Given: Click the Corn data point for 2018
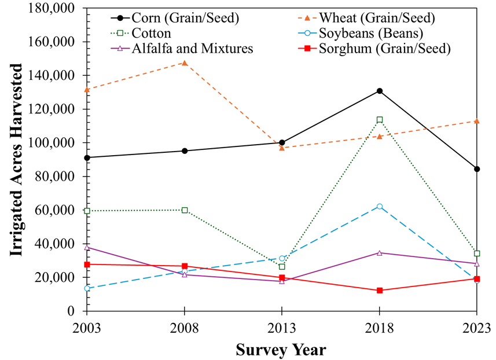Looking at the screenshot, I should pos(379,91).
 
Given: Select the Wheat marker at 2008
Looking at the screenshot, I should pos(185,63).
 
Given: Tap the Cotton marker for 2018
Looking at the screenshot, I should pos(379,120).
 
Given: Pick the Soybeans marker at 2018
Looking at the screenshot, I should pos(379,207).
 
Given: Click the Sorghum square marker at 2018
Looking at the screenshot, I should pos(379,291).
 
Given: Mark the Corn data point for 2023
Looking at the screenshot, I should pos(476,169).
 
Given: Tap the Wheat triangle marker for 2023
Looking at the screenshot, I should pos(476,121).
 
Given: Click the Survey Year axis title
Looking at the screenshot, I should pos(281,350).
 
